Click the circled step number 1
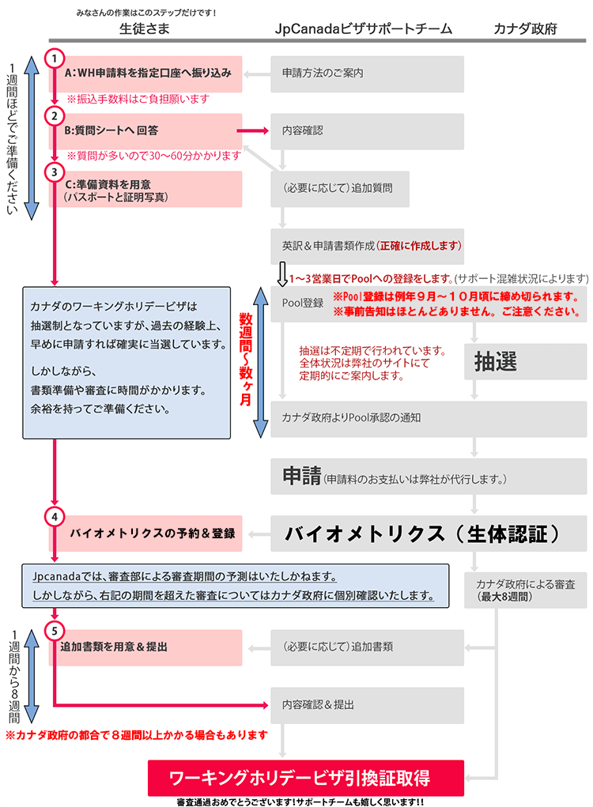(54, 58)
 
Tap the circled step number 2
(54, 116)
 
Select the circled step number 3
(54, 171)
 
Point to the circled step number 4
(54, 517)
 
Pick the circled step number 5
(54, 631)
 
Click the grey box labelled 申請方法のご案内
(367, 74)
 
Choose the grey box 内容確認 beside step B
(367, 130)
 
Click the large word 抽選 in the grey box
(496, 361)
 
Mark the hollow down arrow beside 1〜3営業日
(281, 276)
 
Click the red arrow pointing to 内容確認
(254, 131)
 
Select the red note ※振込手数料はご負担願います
(137, 99)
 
